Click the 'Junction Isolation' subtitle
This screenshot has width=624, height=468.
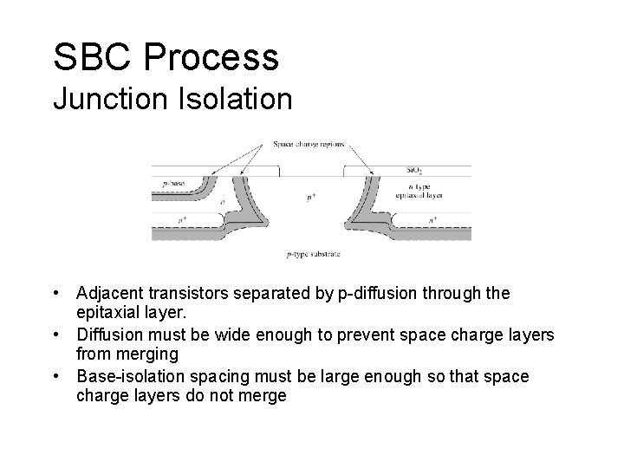pos(172,98)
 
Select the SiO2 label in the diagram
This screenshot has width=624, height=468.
pos(416,170)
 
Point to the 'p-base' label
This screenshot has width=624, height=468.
pos(173,184)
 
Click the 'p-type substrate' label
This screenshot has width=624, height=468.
pos(313,254)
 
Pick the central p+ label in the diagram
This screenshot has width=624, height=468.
pos(311,198)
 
